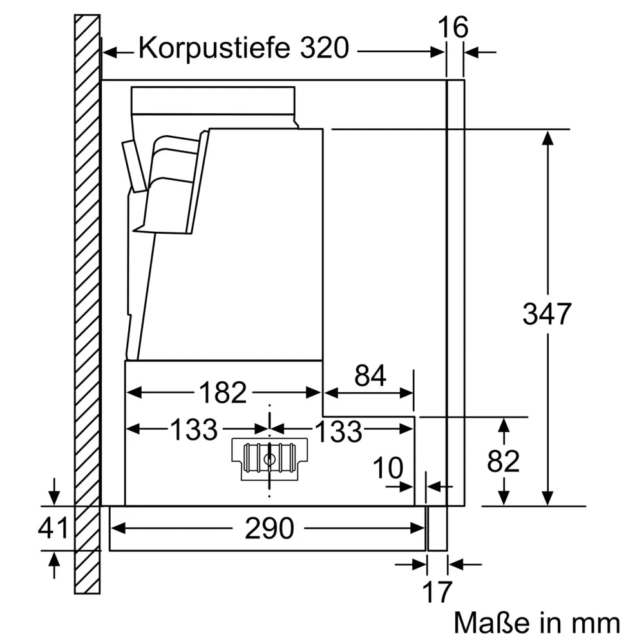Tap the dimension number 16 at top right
pyautogui.click(x=453, y=28)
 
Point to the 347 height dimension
pyautogui.click(x=547, y=314)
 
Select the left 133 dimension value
pyautogui.click(x=193, y=430)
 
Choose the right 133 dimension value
pyautogui.click(x=337, y=431)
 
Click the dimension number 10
pyautogui.click(x=388, y=469)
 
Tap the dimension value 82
pyautogui.click(x=503, y=461)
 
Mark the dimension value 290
pyautogui.click(x=269, y=529)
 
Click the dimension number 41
pyautogui.click(x=53, y=529)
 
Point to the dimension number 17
pyautogui.click(x=437, y=592)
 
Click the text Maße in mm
pyautogui.click(x=537, y=623)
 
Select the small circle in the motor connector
pyautogui.click(x=270, y=459)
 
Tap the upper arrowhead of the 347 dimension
pyautogui.click(x=547, y=138)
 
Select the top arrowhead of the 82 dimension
pyautogui.click(x=504, y=425)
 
